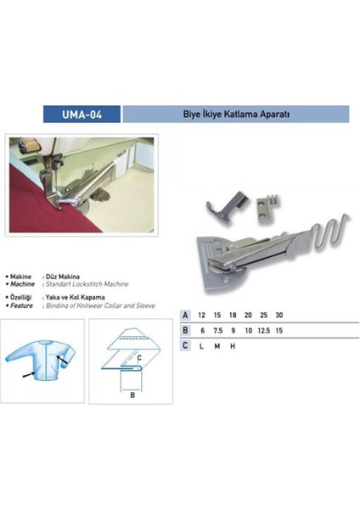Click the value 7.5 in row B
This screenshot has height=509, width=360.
[x=221, y=329]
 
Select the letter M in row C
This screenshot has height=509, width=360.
[x=221, y=345]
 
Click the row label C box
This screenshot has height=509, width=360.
[x=185, y=345]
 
